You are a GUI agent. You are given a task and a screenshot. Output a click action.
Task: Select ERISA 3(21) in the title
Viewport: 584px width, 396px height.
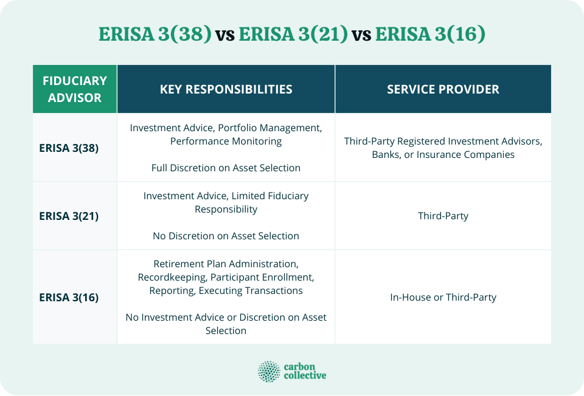[x=293, y=34]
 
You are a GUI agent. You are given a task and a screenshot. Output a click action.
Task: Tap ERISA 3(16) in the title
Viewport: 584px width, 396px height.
[x=430, y=34]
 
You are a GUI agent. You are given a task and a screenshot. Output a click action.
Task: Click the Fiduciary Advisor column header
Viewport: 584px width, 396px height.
[x=75, y=89]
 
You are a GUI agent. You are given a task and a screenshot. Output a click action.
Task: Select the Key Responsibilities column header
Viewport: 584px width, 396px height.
[x=226, y=89]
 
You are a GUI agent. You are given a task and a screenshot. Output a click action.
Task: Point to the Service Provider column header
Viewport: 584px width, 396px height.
[x=443, y=89]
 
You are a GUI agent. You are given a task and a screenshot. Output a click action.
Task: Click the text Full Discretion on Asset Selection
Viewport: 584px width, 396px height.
[x=226, y=168]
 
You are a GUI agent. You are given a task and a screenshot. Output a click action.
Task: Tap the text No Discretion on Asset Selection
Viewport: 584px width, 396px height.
[x=226, y=236]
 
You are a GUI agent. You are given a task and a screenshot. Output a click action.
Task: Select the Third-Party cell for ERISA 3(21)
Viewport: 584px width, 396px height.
[x=443, y=216]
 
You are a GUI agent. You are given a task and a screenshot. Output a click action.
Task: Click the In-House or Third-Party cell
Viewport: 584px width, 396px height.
[x=443, y=297]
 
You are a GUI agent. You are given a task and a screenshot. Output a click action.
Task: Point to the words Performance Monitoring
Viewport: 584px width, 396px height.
[x=226, y=141]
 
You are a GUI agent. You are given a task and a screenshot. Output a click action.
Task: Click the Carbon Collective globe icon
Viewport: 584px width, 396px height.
[x=269, y=371]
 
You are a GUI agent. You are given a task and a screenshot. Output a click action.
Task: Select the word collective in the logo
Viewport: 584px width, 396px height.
[x=305, y=376]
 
